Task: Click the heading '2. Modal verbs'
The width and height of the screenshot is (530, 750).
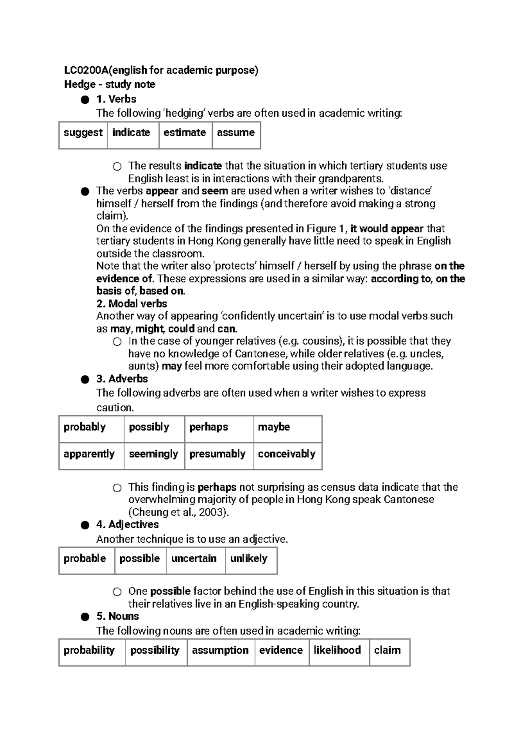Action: tap(132, 304)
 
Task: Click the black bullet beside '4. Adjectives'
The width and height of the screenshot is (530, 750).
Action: tap(85, 525)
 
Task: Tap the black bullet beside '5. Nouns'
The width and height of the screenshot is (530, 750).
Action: tap(85, 617)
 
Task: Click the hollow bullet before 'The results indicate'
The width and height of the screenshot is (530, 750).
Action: tap(117, 167)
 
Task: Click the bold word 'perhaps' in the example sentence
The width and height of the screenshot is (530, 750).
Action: tap(217, 487)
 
